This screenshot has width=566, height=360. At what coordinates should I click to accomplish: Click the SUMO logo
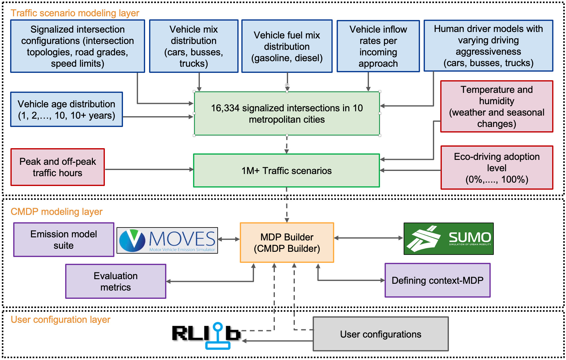point(448,239)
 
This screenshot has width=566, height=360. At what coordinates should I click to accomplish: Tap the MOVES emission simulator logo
point(167,240)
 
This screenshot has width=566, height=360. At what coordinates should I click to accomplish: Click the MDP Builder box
point(287,243)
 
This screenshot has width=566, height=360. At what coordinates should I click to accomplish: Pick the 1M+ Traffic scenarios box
point(287,171)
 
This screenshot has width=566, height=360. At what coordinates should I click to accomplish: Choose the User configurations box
point(381,334)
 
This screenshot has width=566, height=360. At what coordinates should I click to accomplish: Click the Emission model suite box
point(64,240)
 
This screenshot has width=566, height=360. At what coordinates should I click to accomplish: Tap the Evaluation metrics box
point(116,281)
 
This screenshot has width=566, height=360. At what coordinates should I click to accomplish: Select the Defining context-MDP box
point(437,280)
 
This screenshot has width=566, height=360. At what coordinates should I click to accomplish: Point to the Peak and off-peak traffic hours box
point(58,167)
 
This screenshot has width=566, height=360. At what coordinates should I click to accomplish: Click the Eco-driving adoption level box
point(497,168)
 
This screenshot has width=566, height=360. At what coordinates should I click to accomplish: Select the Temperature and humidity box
point(497,106)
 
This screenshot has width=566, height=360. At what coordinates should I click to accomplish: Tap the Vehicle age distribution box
point(66,109)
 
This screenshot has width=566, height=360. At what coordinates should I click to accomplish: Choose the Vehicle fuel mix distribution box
point(287,46)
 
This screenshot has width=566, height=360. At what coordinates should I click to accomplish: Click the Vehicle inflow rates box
point(378,46)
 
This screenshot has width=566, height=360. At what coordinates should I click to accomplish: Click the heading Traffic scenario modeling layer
point(75,13)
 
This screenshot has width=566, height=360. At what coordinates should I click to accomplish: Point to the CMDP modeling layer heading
point(56,212)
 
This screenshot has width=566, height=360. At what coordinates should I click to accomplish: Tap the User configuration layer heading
point(60,320)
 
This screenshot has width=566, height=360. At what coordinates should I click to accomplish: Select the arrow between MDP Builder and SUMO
point(368,238)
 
